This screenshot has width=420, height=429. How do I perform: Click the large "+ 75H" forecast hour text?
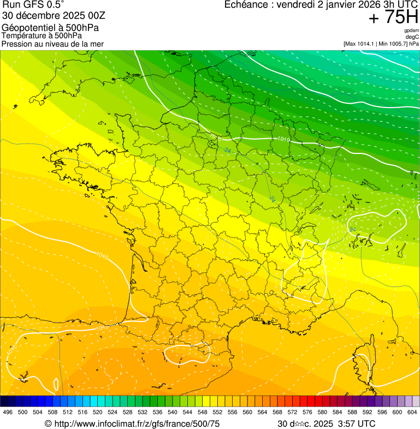pyautogui.click(x=393, y=17)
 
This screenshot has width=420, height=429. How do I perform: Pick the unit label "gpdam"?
pyautogui.click(x=412, y=31)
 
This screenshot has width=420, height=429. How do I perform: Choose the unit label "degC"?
pyautogui.click(x=413, y=37)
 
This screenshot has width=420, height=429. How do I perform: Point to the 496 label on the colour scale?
pyautogui.click(x=8, y=412)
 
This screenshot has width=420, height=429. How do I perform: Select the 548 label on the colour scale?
pyautogui.click(x=203, y=412)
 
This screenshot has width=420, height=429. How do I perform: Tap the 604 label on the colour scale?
pyautogui.click(x=412, y=412)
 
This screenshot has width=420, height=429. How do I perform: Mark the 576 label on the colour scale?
pyautogui.click(x=307, y=412)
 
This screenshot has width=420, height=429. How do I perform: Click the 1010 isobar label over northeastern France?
pyautogui.click(x=283, y=140)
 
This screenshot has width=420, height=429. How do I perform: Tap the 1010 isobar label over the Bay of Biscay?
pyautogui.click(x=102, y=255)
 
